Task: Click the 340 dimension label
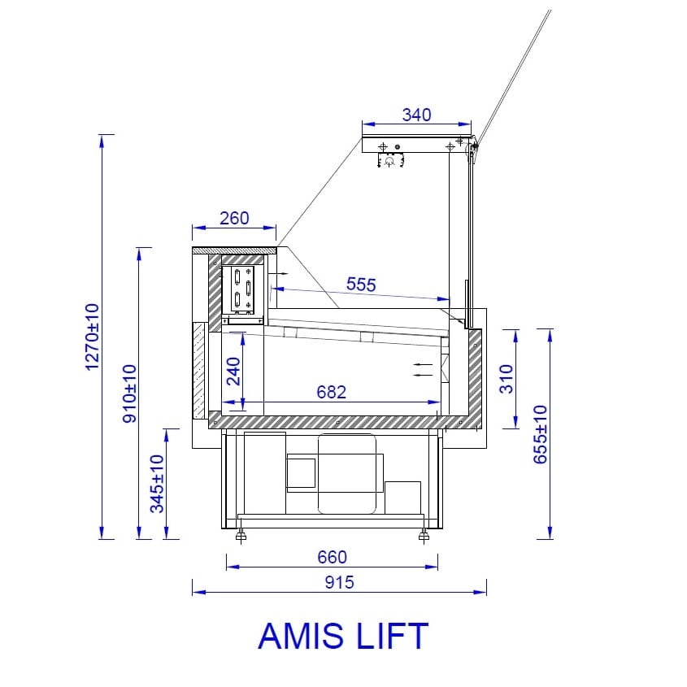tap(416, 115)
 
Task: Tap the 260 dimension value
tap(234, 218)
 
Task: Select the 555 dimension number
tap(361, 285)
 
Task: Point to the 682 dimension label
tap(331, 392)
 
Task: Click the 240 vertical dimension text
tap(233, 372)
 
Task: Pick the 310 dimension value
tap(506, 379)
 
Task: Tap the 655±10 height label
tap(540, 434)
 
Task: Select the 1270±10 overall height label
tap(92, 337)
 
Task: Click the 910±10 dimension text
tap(129, 394)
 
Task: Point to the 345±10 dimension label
tap(157, 484)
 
